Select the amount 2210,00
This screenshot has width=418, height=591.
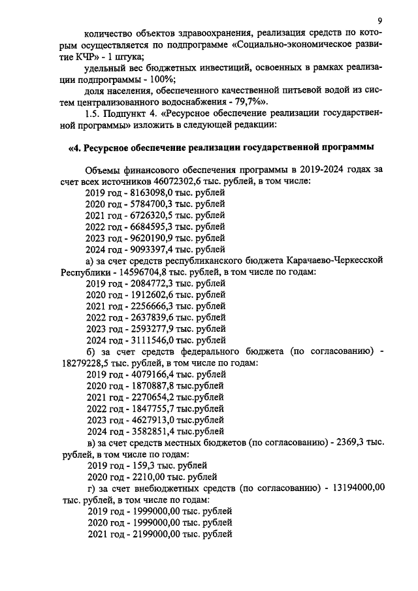click(x=145, y=476)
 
